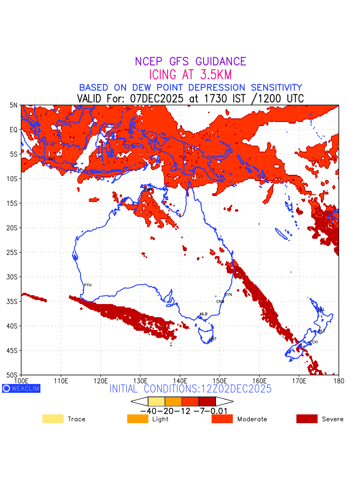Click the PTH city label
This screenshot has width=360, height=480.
(88, 285)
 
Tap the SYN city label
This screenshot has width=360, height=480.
(228, 294)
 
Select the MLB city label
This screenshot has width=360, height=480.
(204, 314)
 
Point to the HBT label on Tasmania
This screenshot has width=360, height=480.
(213, 339)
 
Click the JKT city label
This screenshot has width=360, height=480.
(52, 159)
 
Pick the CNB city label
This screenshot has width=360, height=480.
(220, 301)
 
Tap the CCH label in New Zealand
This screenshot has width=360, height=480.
(314, 342)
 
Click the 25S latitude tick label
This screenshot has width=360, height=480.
(13, 252)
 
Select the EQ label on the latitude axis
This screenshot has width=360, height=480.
(14, 130)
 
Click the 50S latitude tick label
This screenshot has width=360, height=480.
(13, 375)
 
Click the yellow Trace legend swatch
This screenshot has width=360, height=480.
(53, 419)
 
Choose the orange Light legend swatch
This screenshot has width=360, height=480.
(138, 419)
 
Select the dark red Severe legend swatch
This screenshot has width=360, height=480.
(307, 419)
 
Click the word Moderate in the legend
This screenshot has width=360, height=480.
(252, 419)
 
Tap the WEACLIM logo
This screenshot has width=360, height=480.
(21, 388)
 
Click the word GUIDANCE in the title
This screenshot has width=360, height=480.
(221, 62)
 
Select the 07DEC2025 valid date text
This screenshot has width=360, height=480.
(159, 98)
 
